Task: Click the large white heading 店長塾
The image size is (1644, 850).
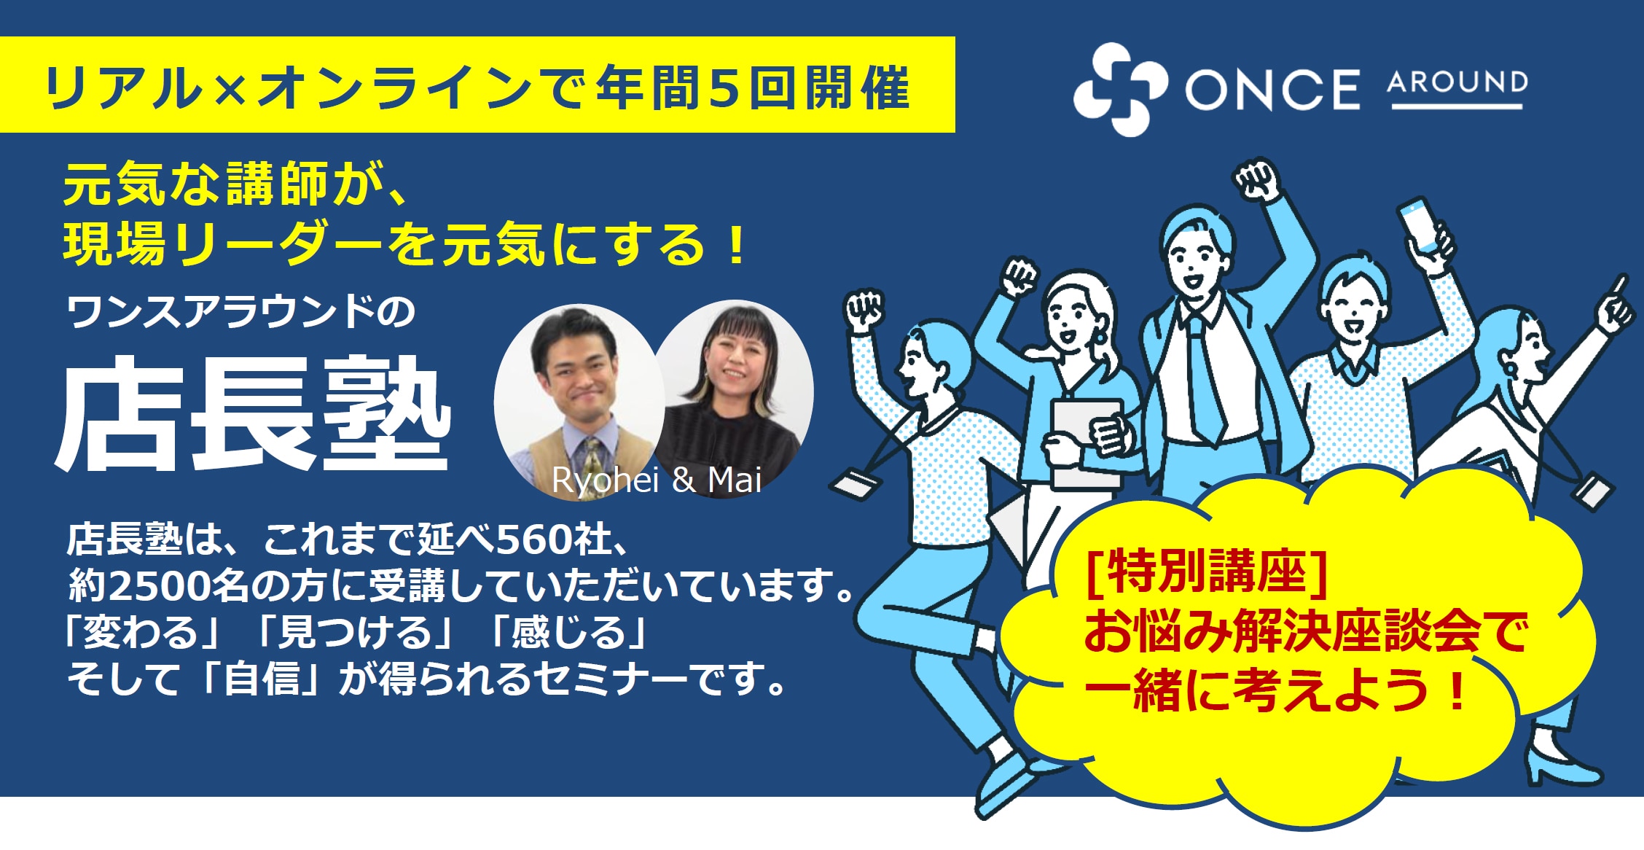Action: click(x=254, y=414)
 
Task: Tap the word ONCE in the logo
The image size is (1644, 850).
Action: click(x=1272, y=90)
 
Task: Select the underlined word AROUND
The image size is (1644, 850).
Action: click(x=1457, y=82)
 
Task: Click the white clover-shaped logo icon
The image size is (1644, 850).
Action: click(x=1121, y=89)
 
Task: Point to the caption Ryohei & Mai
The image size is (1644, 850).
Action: click(x=657, y=480)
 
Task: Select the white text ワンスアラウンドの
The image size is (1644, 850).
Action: click(x=240, y=312)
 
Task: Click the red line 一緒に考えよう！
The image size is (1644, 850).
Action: click(x=1275, y=691)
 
